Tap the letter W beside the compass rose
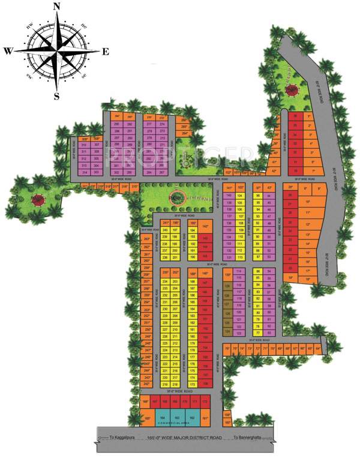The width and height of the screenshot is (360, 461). pyautogui.click(x=8, y=52)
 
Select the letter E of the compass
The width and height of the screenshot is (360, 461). pyautogui.click(x=105, y=52)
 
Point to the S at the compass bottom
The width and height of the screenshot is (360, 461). pyautogui.click(x=57, y=95)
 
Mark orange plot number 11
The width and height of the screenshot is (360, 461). pyautogui.click(x=308, y=212)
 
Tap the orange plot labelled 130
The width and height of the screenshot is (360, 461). pyautogui.click(x=227, y=276)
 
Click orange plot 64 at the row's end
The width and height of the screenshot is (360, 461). pyautogui.click(x=317, y=348)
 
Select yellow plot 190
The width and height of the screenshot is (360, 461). pyautogui.click(x=192, y=258)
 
